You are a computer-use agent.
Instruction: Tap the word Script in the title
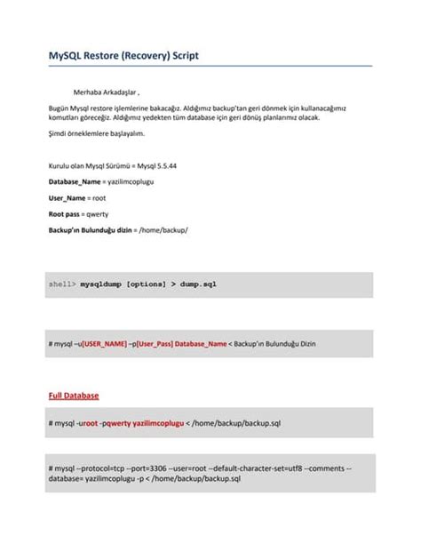(181, 55)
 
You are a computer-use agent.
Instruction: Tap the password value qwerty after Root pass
(97, 213)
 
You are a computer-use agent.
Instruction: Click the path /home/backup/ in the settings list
(163, 229)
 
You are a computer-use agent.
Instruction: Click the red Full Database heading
(73, 395)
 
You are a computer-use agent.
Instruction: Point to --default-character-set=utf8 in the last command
(258, 468)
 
